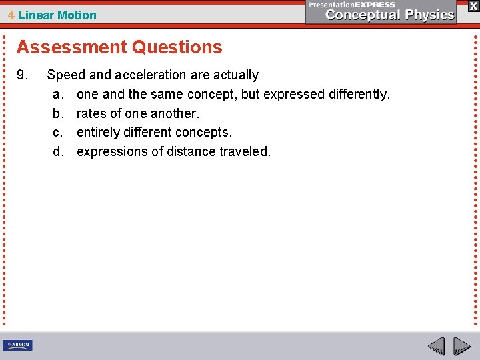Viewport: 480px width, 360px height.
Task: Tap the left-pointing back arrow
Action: click(436, 346)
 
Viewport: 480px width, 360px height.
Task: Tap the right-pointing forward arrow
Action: click(461, 346)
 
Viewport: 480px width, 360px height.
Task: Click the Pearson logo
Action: click(17, 345)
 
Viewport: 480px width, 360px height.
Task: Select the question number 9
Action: click(22, 75)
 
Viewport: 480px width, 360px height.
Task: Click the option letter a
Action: click(58, 94)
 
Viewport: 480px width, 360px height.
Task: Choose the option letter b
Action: click(58, 113)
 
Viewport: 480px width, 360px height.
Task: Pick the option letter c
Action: click(58, 132)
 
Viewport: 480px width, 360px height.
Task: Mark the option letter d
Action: click(58, 151)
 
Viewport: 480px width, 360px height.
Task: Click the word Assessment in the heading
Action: click(63, 47)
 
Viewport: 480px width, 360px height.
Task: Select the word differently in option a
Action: click(359, 94)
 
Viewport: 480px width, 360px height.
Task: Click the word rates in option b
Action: click(91, 113)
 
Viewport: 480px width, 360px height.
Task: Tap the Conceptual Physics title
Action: click(390, 15)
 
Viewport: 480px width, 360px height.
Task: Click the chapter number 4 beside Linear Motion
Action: click(12, 15)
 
